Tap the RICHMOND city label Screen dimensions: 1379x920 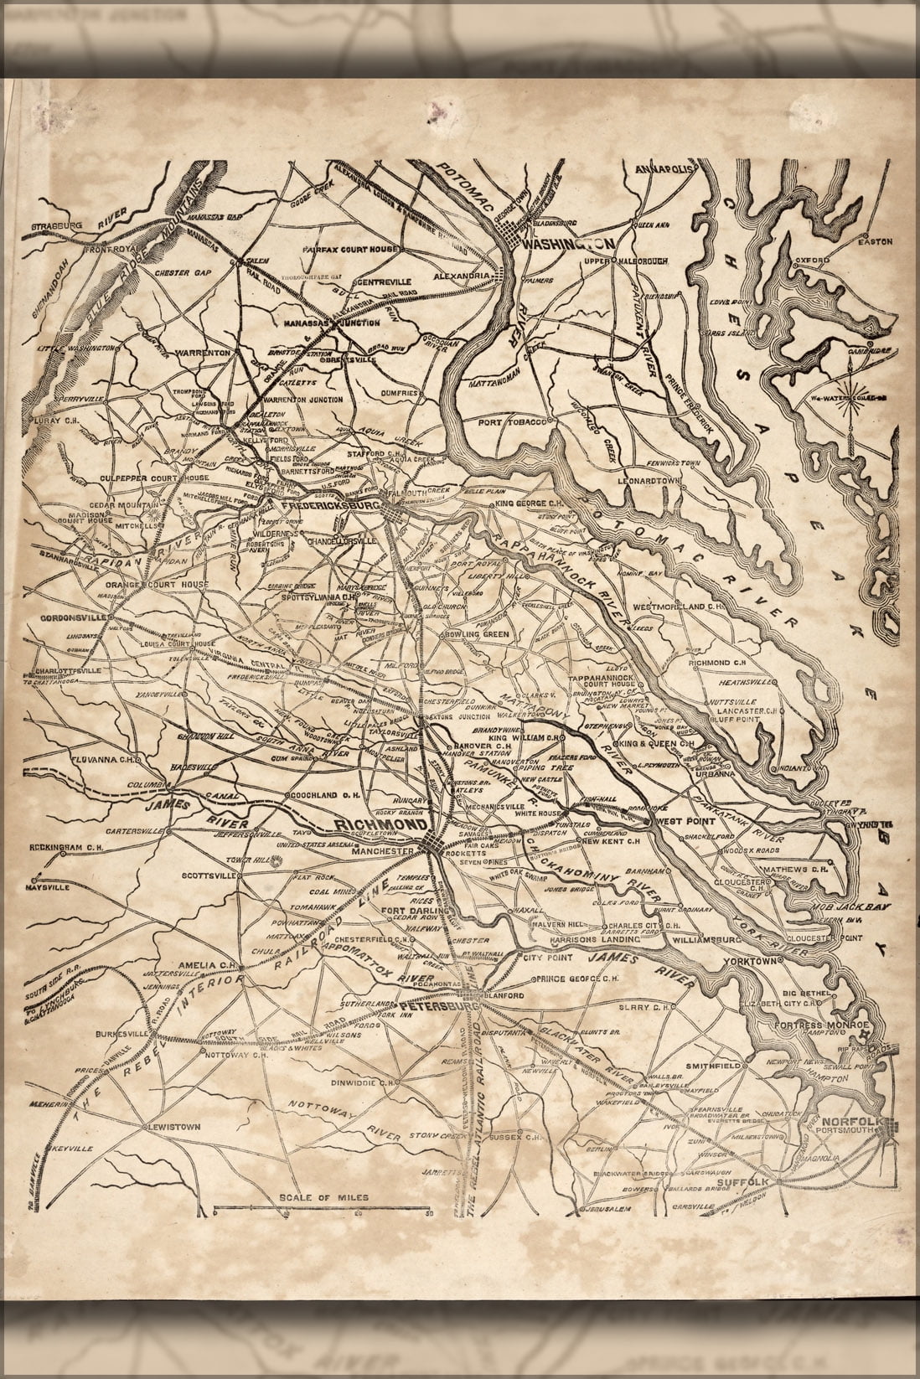[370, 827]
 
